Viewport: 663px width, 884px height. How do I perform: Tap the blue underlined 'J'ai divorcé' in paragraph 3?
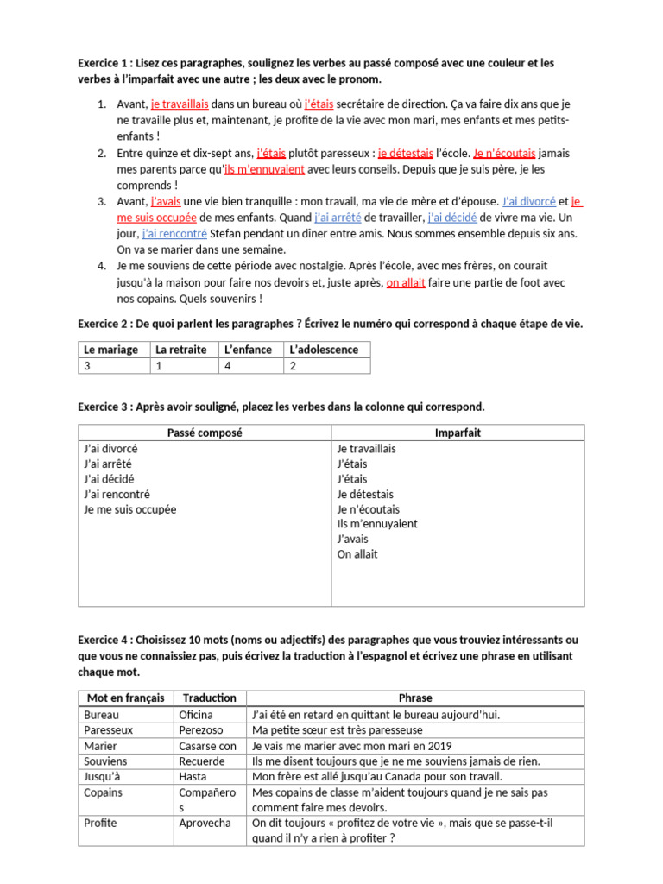pyautogui.click(x=528, y=201)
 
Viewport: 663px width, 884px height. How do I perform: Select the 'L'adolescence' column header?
pyautogui.click(x=326, y=350)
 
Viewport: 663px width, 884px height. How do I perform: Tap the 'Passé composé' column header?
pyautogui.click(x=205, y=433)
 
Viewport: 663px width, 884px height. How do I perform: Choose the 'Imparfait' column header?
pyautogui.click(x=458, y=433)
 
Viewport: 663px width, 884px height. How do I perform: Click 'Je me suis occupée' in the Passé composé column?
pyautogui.click(x=129, y=509)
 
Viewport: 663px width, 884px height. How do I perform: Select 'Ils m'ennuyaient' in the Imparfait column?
pyautogui.click(x=377, y=524)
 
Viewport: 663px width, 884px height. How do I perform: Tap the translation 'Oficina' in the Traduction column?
pyautogui.click(x=195, y=714)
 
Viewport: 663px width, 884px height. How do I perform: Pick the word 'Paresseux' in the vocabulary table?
pyautogui.click(x=108, y=729)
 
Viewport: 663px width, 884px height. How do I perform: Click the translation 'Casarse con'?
pyautogui.click(x=207, y=746)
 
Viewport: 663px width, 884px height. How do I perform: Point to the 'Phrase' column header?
pyautogui.click(x=415, y=698)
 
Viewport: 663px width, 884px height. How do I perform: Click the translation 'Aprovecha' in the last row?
pyautogui.click(x=205, y=823)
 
